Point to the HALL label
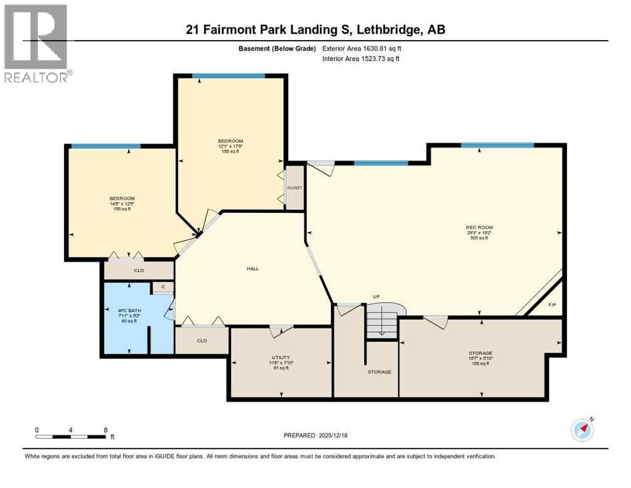(x=253, y=268)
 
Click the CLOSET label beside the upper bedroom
(x=295, y=188)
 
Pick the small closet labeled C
(x=163, y=287)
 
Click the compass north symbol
(x=582, y=430)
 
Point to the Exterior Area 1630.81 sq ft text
(x=361, y=48)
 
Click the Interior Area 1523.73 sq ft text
(x=361, y=58)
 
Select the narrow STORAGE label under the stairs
(x=379, y=372)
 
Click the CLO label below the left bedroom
(x=138, y=271)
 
